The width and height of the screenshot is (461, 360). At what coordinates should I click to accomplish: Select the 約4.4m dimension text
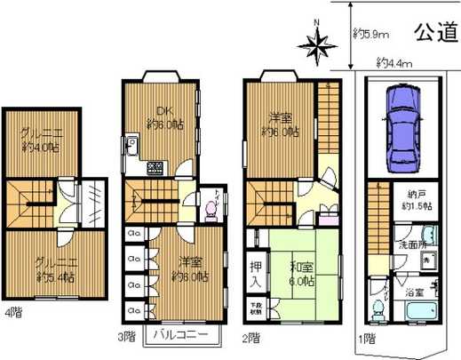click(x=394, y=63)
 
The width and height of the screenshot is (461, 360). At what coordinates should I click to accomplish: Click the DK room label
click(x=163, y=111)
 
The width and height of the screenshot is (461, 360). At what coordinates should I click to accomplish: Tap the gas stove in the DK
click(x=154, y=166)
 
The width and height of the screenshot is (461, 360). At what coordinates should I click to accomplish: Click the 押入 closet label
click(x=254, y=273)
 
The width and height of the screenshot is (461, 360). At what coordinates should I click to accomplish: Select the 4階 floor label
click(x=12, y=313)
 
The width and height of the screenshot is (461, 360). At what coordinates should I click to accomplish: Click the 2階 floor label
click(x=253, y=338)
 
